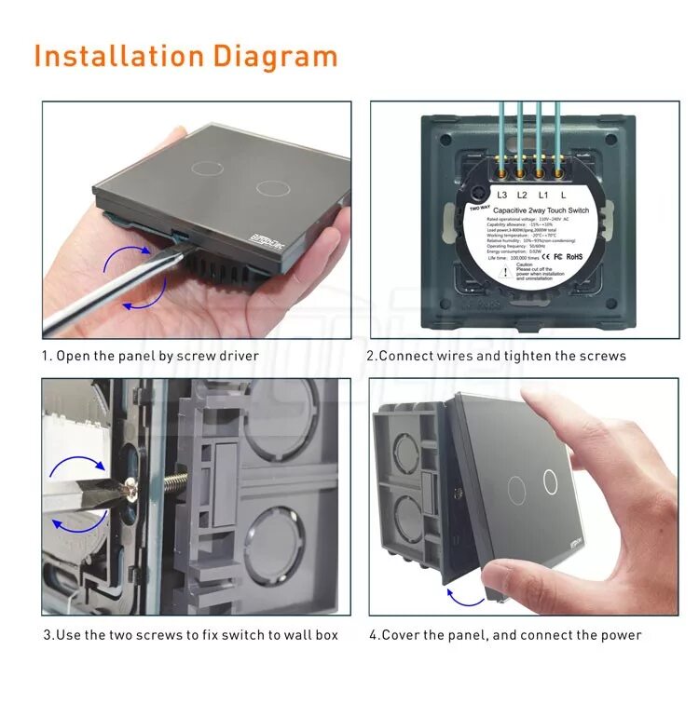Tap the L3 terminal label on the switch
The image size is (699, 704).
502,195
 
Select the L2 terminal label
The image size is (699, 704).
522,195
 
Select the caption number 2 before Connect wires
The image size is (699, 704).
370,356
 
